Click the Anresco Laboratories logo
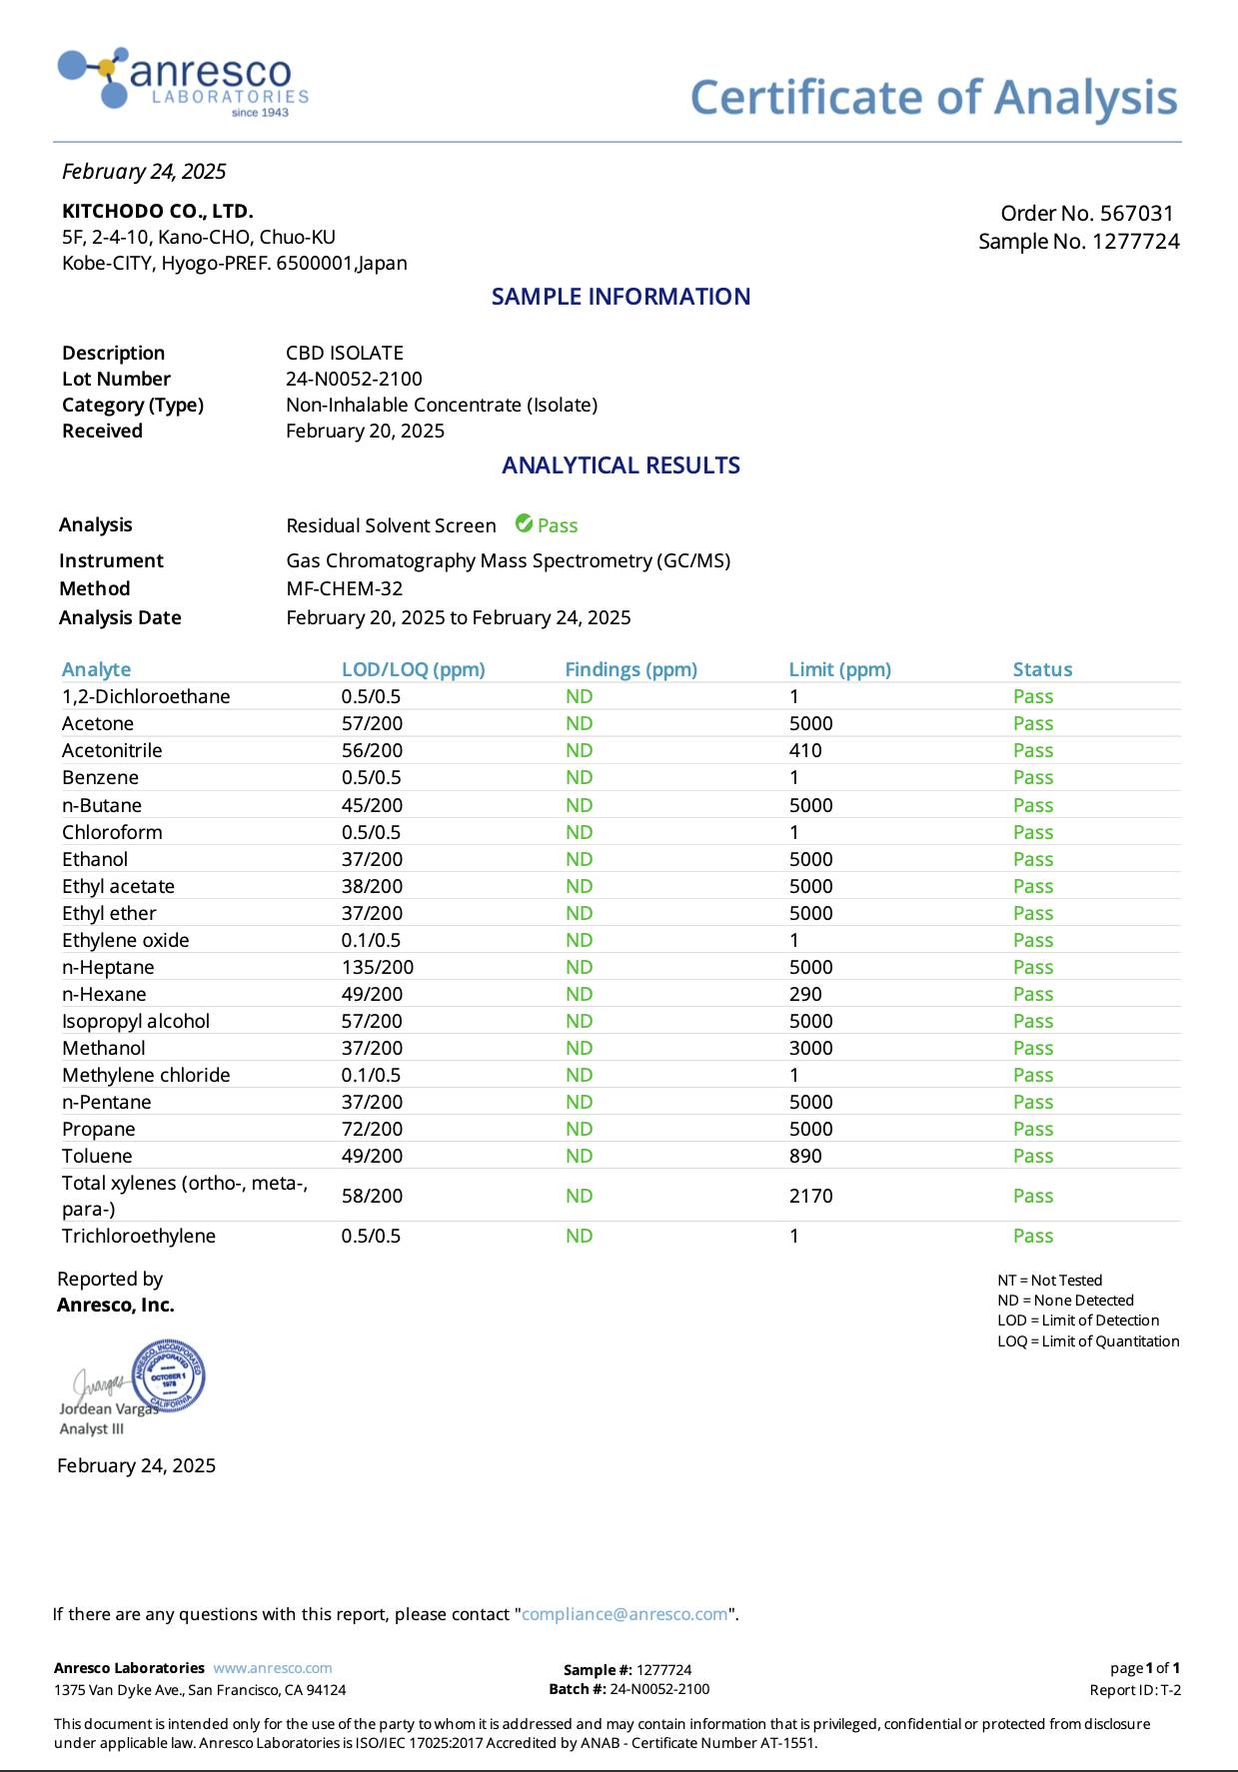(x=183, y=80)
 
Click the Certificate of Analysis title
(x=933, y=98)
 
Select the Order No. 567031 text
(x=1086, y=213)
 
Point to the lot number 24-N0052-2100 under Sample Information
(x=354, y=379)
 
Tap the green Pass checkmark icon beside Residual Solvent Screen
(x=524, y=523)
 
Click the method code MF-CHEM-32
(x=345, y=588)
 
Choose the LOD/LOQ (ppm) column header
(x=413, y=669)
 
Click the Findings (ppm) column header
(x=630, y=669)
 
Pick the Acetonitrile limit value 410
(x=805, y=750)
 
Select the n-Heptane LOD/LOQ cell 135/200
(x=377, y=967)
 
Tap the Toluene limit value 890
(x=805, y=1156)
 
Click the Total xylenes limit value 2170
(x=810, y=1196)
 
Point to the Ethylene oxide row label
(x=125, y=940)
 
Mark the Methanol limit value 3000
(x=810, y=1048)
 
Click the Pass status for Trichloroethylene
(x=1032, y=1236)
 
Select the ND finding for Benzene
(x=579, y=777)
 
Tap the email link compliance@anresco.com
(x=624, y=1614)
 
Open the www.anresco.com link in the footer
(x=273, y=1668)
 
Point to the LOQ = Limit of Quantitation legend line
(x=1087, y=1341)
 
